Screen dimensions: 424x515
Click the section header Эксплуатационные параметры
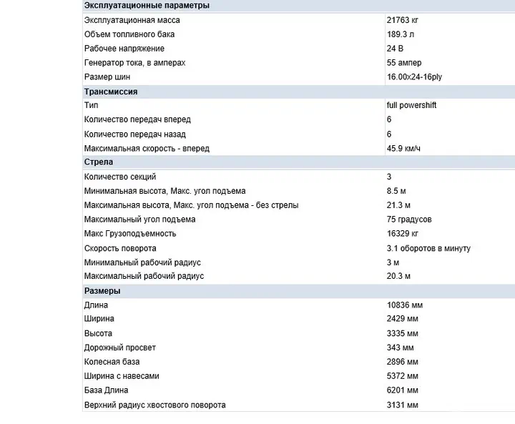[147, 6]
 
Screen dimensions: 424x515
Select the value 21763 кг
[403, 20]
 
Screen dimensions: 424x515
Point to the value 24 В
[396, 49]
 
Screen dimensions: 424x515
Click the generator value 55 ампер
[405, 63]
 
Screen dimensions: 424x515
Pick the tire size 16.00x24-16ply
[414, 77]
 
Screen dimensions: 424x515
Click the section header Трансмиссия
[111, 92]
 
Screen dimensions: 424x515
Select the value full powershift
[411, 105]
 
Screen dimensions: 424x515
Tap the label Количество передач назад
[134, 134]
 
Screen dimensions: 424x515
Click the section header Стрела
[99, 162]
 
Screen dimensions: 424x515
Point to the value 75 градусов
[409, 220]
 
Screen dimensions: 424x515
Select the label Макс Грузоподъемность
[129, 234]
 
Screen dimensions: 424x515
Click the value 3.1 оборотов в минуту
[428, 248]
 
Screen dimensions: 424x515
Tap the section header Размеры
[102, 291]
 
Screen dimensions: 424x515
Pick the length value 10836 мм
[405, 305]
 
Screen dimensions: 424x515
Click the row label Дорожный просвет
[119, 347]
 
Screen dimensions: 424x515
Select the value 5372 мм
[403, 376]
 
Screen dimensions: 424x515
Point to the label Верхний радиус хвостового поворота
[154, 405]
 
